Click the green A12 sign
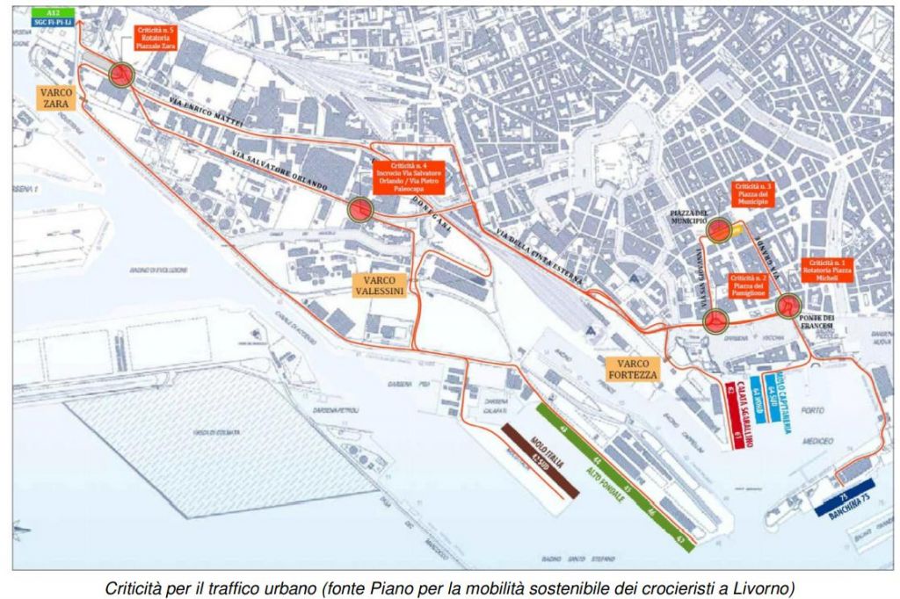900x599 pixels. point(52,11)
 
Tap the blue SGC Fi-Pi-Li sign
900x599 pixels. point(52,20)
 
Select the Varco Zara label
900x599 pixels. point(56,97)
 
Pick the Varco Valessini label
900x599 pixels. point(379,284)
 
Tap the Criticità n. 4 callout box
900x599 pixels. point(408,177)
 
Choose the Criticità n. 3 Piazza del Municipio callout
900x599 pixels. point(753,194)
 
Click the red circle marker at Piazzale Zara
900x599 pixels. point(121,76)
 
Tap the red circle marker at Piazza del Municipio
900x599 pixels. point(720,230)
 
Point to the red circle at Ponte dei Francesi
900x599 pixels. point(788,307)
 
